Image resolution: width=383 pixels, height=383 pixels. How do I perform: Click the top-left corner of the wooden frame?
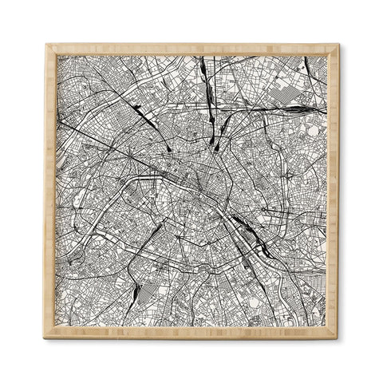[46, 45]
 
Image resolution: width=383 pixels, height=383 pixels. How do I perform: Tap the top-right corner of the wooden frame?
[338, 45]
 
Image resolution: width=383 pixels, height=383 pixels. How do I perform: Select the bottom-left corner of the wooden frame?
[46, 337]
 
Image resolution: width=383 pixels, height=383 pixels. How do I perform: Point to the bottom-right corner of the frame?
[338, 337]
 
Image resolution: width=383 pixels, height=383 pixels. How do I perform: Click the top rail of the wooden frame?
[191, 49]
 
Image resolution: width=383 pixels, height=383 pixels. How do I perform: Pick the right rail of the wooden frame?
[334, 191]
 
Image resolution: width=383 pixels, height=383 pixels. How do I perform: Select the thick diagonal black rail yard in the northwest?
[147, 119]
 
